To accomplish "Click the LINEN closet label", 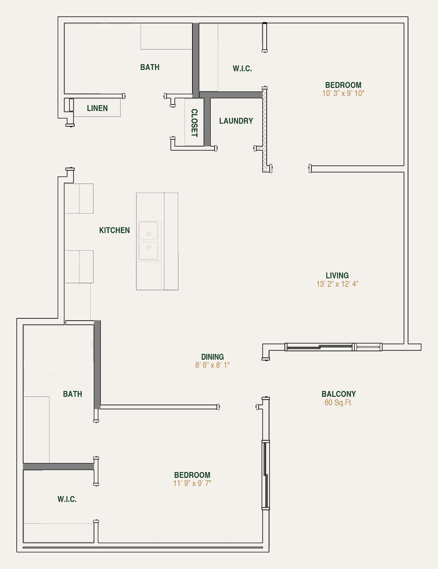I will tap(97, 108).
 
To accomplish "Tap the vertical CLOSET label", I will tap(194, 123).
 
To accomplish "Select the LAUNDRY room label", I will tap(236, 121).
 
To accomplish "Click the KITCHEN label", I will tap(114, 230).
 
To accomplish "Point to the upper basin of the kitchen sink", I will tap(148, 231).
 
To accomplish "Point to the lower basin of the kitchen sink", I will tap(148, 250).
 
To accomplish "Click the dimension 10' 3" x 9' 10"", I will tap(343, 93).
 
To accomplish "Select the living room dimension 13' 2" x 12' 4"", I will tap(337, 284).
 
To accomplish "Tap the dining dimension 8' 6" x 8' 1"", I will tap(212, 365).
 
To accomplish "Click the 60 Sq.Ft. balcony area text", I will tap(338, 403).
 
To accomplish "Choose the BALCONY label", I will tap(338, 394).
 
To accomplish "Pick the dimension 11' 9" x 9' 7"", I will tap(192, 483).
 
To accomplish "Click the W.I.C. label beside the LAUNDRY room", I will tap(242, 69).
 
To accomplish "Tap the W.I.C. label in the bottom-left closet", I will tap(67, 499).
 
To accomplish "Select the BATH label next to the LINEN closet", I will tap(150, 67).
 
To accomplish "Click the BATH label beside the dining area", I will tap(72, 394).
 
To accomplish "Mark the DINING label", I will tap(212, 357).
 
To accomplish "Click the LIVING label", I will tap(337, 275).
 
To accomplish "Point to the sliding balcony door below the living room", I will tap(333, 347).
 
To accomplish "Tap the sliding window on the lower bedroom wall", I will tap(266, 475).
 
